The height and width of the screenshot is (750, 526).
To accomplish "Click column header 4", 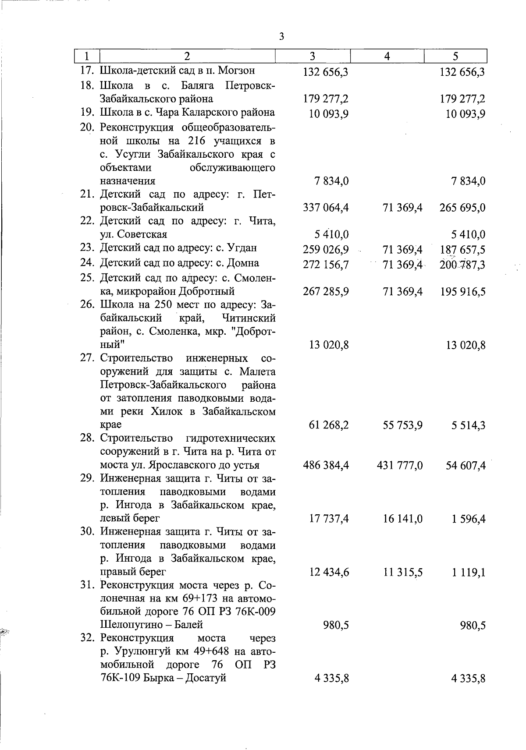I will [x=387, y=56].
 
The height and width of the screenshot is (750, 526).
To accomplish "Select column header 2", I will [x=187, y=56].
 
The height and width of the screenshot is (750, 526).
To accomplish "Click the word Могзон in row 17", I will [x=236, y=71].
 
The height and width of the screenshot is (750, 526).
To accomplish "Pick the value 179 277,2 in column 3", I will [x=326, y=99].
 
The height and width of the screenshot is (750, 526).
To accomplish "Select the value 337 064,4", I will [x=326, y=208].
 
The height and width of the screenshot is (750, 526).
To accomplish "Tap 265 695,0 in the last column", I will [x=462, y=208].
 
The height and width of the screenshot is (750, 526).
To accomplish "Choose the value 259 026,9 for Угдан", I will [x=326, y=250].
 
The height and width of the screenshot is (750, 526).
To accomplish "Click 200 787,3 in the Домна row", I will [x=462, y=265].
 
